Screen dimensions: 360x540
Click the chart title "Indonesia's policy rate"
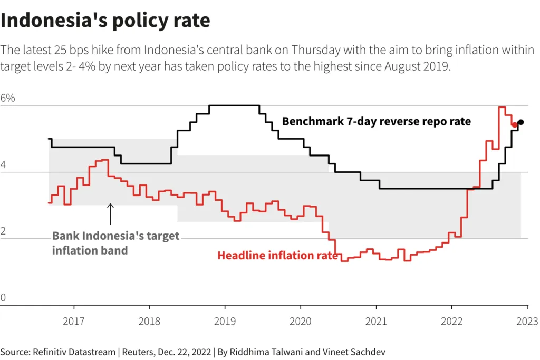(x=105, y=21)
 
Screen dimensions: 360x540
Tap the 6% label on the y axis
(x=8, y=99)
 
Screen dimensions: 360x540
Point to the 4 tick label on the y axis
(x=4, y=165)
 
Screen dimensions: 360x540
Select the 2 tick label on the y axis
(x=4, y=231)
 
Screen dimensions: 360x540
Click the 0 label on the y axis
(x=4, y=298)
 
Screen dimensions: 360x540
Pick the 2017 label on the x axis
(x=74, y=321)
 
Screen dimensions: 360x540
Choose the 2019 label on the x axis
(x=225, y=321)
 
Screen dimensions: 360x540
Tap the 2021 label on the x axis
(x=376, y=321)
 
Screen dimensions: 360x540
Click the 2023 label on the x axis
(x=527, y=321)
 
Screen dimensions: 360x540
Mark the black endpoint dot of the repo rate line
(x=521, y=122)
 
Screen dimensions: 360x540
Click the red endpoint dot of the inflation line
(x=515, y=125)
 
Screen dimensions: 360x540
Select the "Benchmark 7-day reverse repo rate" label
(x=377, y=121)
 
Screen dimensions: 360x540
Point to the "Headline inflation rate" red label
(x=278, y=256)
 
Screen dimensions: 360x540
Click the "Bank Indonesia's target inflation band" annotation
(x=115, y=243)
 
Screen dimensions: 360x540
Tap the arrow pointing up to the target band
(x=110, y=214)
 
